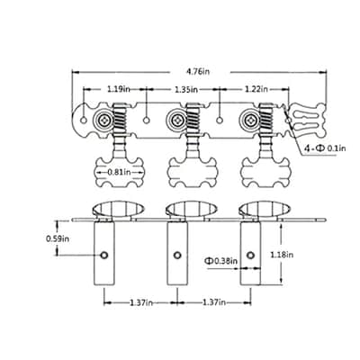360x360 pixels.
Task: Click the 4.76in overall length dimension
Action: pyautogui.click(x=197, y=72)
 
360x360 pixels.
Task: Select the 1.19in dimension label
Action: pyautogui.click(x=119, y=89)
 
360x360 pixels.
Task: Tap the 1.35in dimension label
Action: pyautogui.click(x=186, y=89)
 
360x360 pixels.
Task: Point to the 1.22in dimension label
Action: pyautogui.click(x=256, y=89)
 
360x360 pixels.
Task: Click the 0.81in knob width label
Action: pyautogui.click(x=120, y=172)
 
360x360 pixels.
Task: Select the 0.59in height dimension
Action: pyautogui.click(x=58, y=238)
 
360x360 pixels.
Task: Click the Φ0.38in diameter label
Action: pyautogui.click(x=221, y=261)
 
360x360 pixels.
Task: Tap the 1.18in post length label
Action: pyautogui.click(x=282, y=255)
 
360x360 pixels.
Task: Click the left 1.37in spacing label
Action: pyautogui.click(x=141, y=302)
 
